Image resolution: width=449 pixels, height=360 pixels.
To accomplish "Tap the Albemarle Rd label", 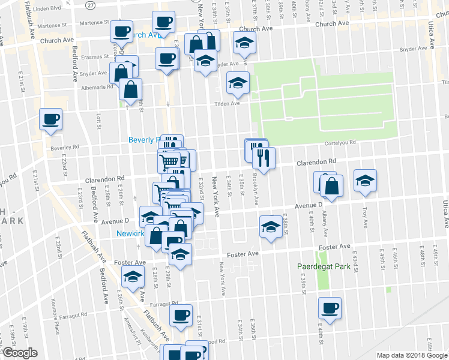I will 97,86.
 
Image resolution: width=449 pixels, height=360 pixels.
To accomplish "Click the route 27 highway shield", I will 89,5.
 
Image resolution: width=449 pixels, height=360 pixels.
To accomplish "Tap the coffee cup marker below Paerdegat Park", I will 330,309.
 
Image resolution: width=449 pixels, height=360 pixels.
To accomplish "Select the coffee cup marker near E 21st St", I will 50,119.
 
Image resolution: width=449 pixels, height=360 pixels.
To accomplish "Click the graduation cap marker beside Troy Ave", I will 365,182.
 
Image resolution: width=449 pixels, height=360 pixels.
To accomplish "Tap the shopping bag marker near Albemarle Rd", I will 130,90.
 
